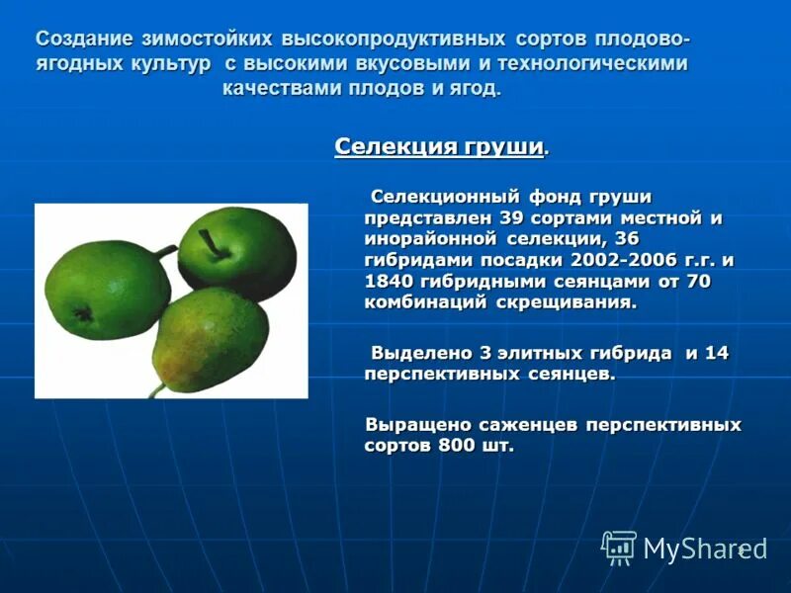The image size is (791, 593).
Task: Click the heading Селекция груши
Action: tap(439, 147)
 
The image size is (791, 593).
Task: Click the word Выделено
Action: tap(419, 353)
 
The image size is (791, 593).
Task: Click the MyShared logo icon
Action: tap(619, 547)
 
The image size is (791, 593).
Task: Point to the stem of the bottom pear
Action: tap(157, 389)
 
